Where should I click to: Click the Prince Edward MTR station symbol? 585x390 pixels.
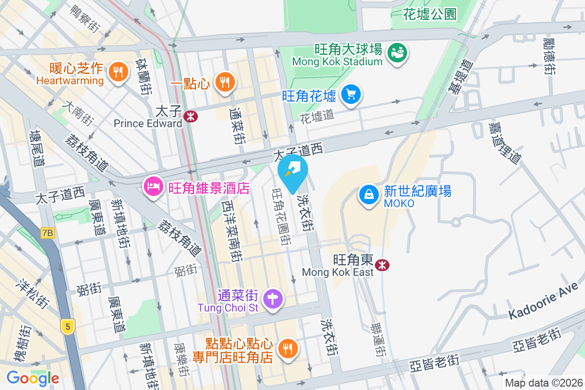(191, 116)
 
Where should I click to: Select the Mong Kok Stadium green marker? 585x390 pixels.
(397, 53)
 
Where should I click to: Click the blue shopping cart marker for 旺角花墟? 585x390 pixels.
(351, 93)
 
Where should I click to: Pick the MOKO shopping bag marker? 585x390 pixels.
(370, 195)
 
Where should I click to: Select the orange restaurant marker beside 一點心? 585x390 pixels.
(224, 81)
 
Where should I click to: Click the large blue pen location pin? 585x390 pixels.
(293, 173)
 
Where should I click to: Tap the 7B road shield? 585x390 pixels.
(47, 233)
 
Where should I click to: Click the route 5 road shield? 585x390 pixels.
(68, 326)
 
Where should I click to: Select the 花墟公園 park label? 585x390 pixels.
(430, 15)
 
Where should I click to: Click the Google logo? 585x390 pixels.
(33, 378)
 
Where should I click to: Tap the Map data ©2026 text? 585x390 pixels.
(543, 383)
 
